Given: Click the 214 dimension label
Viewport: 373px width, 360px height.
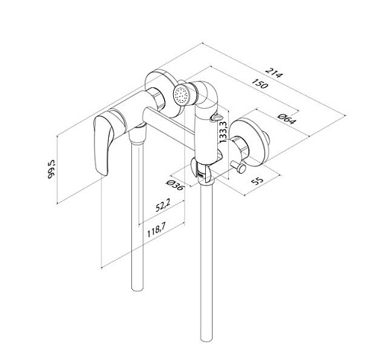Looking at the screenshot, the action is pyautogui.click(x=274, y=72).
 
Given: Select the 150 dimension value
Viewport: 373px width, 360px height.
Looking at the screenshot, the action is pyautogui.click(x=260, y=83).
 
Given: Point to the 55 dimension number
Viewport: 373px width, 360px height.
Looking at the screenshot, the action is pyautogui.click(x=257, y=180).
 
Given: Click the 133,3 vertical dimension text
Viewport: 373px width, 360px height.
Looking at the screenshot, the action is pyautogui.click(x=223, y=130).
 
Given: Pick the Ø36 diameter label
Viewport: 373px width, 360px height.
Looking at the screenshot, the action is pyautogui.click(x=175, y=185).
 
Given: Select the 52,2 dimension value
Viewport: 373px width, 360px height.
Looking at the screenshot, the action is pyautogui.click(x=163, y=206).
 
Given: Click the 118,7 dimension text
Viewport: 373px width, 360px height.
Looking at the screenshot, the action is pyautogui.click(x=156, y=230).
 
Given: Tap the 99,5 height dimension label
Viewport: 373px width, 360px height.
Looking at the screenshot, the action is pyautogui.click(x=51, y=169).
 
